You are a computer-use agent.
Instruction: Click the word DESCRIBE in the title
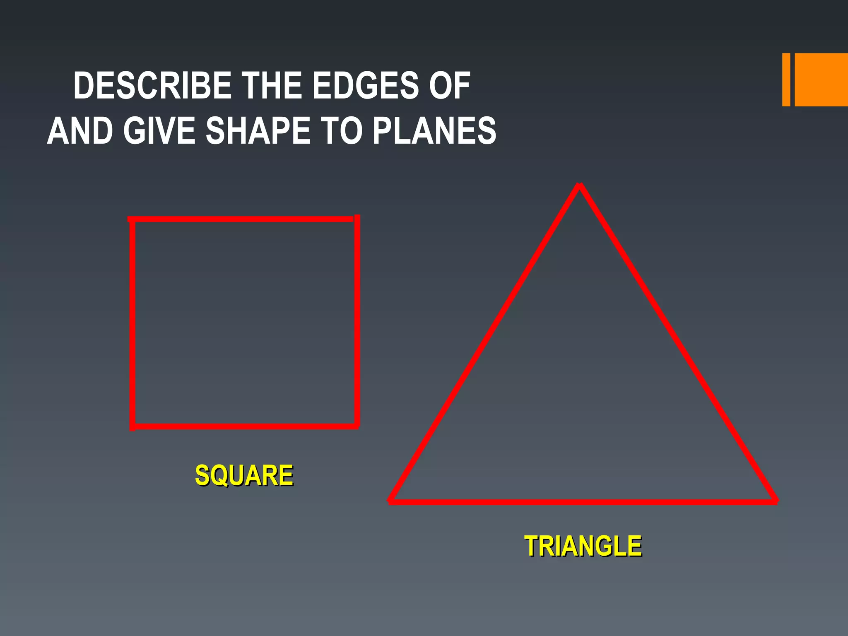pos(152,86)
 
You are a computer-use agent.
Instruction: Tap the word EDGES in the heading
pos(365,86)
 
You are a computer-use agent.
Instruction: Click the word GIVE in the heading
pos(159,130)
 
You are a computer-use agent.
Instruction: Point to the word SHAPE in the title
pos(258,130)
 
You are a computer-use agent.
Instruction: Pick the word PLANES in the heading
pos(434,130)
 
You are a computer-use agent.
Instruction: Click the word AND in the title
pos(80,130)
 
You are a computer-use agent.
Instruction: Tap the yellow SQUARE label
pos(244,475)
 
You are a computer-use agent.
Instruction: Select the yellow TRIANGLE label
pos(583,546)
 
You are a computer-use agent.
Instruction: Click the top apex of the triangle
pos(580,186)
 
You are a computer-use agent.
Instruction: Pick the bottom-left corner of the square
pos(132,426)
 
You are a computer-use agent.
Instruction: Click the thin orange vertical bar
pos(786,79)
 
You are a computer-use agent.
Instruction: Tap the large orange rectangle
pos(821,79)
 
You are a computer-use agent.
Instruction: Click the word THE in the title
pos(271,86)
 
